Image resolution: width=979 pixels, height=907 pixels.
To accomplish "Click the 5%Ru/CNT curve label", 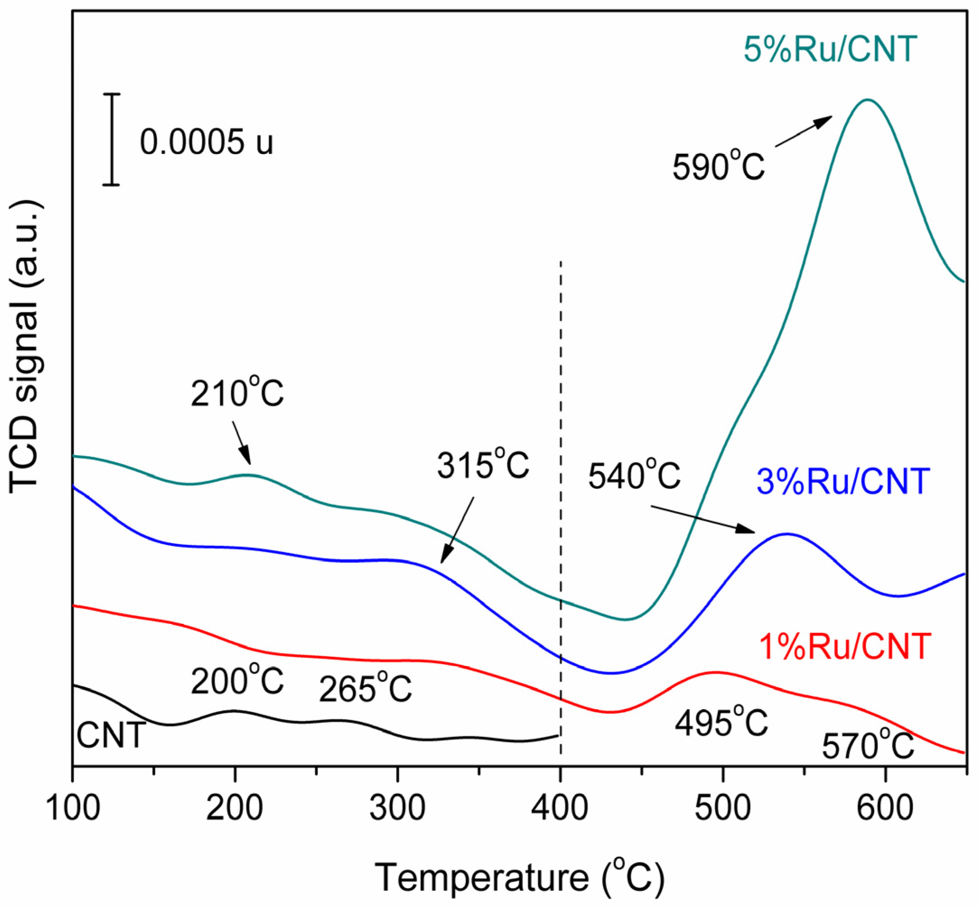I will (830, 49).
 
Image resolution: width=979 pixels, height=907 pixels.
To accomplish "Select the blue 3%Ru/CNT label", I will (844, 481).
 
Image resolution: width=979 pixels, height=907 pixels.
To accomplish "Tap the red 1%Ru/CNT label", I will (845, 647).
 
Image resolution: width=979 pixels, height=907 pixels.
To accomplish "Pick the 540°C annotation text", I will (634, 475).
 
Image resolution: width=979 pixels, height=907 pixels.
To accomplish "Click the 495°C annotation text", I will (721, 722).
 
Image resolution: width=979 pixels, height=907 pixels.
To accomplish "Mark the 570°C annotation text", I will (867, 745).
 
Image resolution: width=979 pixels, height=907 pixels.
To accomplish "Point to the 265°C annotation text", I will (365, 688).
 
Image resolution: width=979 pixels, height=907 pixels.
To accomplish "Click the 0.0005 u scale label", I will (206, 142).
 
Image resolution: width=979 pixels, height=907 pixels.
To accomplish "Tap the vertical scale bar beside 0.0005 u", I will (112, 140).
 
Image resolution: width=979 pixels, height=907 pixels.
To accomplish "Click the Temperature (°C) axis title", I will (519, 877).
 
